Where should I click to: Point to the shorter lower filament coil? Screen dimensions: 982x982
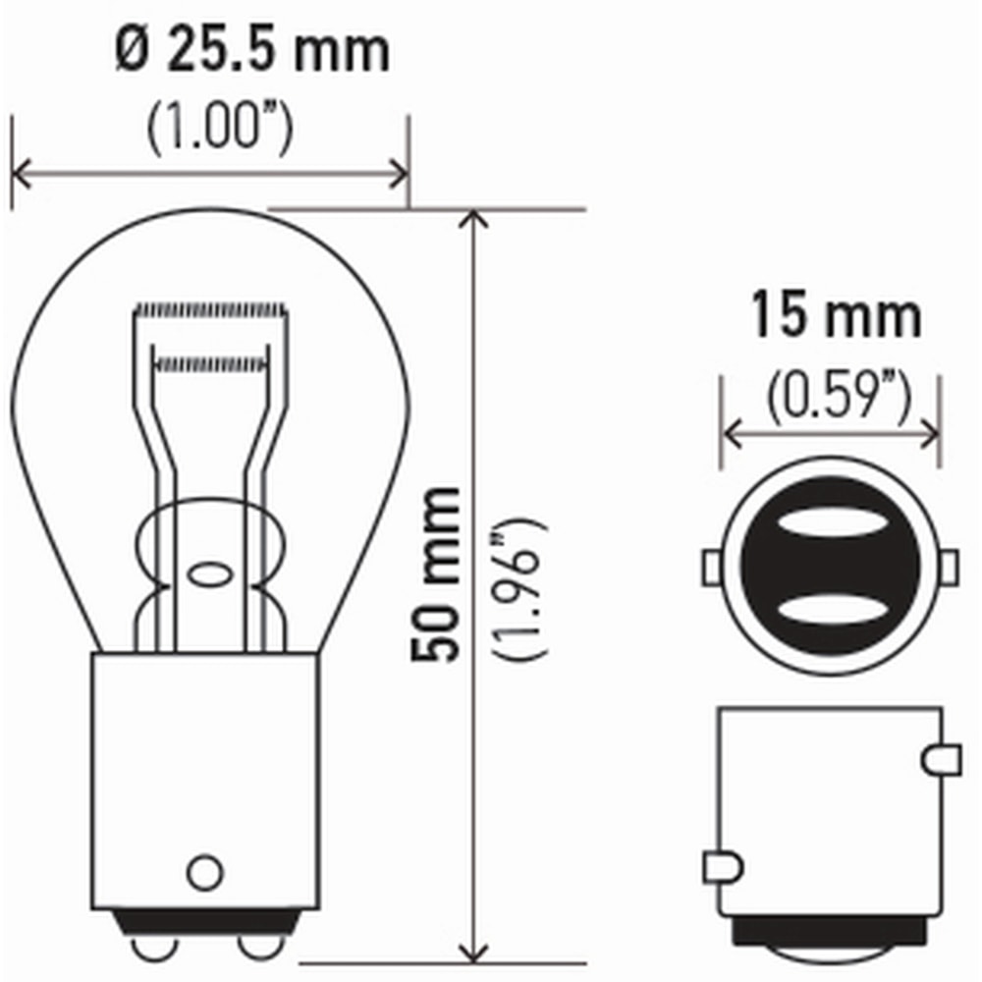click(211, 365)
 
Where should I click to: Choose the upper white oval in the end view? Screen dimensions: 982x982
click(831, 525)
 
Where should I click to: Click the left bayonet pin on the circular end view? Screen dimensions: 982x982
click(714, 568)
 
